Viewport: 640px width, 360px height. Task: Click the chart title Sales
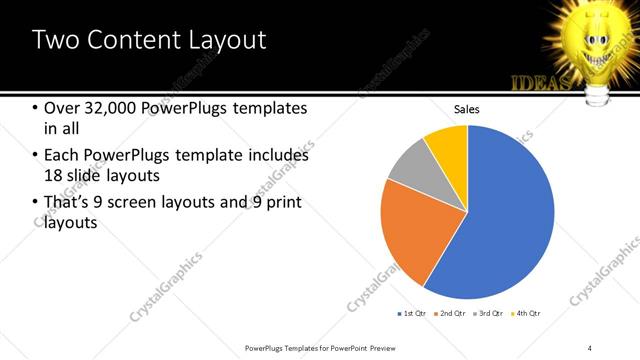(x=467, y=108)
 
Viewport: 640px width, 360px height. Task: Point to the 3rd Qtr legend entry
(x=490, y=314)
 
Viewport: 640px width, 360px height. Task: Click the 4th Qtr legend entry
(x=527, y=314)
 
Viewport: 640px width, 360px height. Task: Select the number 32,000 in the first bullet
(x=109, y=108)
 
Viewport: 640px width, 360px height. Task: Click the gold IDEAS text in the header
(x=541, y=82)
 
